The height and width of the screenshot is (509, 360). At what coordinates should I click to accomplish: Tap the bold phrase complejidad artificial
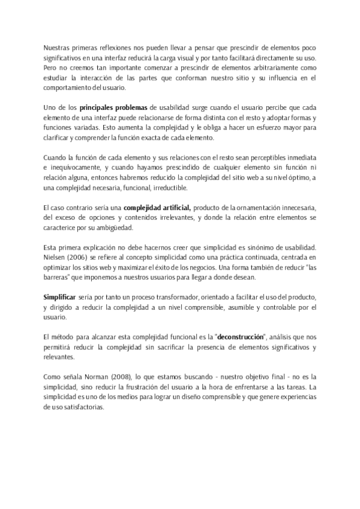pos(157,207)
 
